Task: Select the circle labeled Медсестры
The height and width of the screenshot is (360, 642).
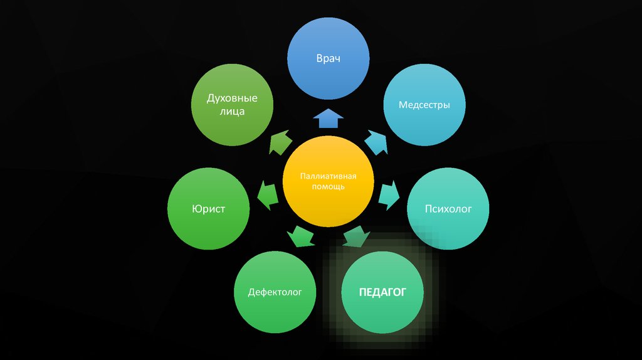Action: coord(424,105)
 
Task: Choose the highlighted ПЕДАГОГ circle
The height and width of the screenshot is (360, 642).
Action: coord(382,292)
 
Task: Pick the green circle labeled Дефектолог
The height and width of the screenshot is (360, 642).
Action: coord(275,292)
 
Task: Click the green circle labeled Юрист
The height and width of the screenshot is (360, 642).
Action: coord(209,208)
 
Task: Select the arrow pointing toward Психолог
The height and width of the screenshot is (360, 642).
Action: coord(389,194)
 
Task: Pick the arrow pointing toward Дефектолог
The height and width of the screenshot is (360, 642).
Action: coord(300,237)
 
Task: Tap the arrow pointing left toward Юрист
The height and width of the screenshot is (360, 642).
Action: coord(268,194)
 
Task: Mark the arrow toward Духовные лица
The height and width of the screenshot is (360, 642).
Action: coord(280,144)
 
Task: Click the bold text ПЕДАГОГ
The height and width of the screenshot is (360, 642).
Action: coord(382,292)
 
